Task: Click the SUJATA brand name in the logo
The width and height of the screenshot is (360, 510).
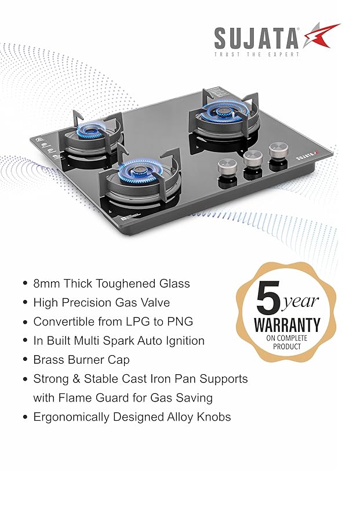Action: coord(256,38)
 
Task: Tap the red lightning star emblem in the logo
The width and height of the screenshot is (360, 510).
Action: coord(320,35)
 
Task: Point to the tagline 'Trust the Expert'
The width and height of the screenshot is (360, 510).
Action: coord(257,55)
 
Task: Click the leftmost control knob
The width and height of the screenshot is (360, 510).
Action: coord(226,170)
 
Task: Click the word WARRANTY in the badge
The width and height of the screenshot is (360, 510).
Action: coord(288,325)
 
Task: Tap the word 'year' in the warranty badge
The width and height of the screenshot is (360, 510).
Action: coord(302,302)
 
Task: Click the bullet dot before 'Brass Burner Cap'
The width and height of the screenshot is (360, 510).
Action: coord(24,360)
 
